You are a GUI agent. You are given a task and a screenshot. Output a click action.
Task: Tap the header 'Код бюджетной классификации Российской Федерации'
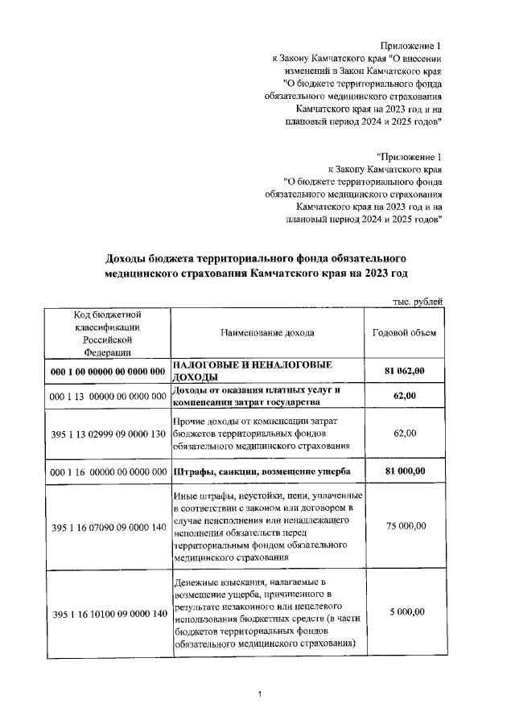108,332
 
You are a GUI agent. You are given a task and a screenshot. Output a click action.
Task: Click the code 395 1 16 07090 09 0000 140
108,527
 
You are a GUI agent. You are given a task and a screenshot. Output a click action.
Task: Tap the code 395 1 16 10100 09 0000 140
108,615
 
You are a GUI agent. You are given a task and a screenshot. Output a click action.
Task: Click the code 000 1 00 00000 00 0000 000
108,372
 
